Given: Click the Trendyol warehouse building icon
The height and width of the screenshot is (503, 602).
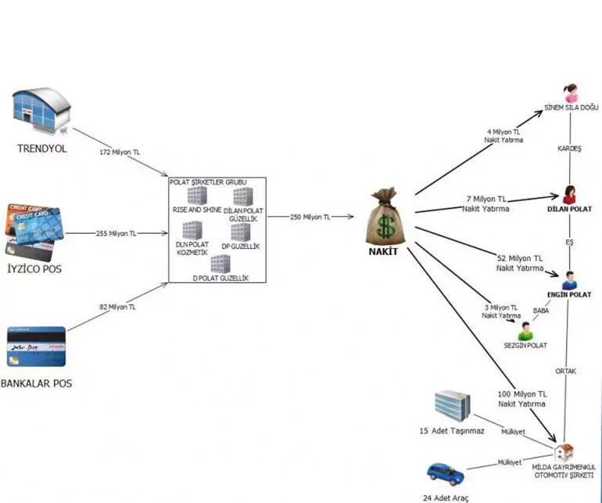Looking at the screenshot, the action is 41,111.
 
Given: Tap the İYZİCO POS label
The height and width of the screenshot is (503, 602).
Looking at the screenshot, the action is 34,268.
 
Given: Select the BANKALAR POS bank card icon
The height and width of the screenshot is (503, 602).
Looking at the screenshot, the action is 37,347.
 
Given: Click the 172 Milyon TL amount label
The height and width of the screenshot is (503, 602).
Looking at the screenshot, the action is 120,153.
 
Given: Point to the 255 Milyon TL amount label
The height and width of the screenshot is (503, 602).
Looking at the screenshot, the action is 116,233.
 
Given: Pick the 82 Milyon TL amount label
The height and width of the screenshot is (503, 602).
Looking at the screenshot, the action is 117,307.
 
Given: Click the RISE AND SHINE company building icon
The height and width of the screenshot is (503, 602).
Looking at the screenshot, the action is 197,196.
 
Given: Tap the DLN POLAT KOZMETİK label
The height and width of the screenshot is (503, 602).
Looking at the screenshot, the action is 192,248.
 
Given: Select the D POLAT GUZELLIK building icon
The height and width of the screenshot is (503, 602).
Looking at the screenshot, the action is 220,264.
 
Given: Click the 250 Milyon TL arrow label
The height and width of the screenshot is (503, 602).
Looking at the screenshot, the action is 310,217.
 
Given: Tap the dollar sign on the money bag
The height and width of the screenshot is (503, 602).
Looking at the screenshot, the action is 385,226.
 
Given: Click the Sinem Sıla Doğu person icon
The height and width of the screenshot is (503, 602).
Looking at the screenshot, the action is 571,93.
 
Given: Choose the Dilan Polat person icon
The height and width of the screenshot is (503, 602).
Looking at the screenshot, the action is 569,195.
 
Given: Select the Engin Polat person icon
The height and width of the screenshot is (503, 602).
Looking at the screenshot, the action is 569,281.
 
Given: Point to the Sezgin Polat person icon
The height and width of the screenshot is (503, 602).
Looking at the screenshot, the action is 525,331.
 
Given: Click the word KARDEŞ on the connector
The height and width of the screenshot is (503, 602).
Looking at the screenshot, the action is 569,149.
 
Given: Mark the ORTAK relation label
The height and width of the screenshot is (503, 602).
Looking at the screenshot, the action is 565,372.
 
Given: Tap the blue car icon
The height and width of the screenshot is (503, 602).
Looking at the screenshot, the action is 446,474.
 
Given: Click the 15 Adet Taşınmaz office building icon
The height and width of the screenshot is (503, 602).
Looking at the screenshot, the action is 452,406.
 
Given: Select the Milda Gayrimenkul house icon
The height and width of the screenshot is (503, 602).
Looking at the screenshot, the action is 564,453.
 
